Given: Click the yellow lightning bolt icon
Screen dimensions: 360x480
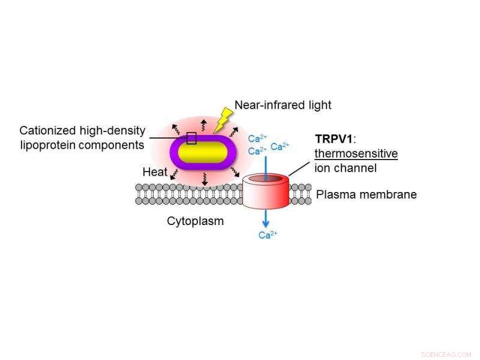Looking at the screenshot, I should tap(223, 119).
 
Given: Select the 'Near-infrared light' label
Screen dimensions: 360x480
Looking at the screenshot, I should tap(283, 106).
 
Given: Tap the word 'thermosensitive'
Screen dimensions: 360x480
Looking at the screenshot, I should tap(356, 154).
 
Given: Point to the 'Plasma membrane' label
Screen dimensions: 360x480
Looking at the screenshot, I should tap(366, 194).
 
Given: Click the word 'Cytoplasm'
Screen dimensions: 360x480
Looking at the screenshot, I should tap(195, 221).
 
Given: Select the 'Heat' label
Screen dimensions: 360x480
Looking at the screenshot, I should tap(155, 172).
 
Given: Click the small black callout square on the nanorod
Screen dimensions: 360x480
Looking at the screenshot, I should tap(191, 139).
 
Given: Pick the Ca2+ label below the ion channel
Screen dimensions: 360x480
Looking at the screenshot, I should tap(268, 235).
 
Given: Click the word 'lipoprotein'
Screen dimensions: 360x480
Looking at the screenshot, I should tap(51, 145).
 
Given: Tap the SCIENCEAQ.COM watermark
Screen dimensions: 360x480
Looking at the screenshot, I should tap(446, 354).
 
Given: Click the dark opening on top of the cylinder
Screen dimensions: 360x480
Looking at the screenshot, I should tap(266, 178).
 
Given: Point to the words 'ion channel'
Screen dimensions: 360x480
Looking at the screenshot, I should tap(345, 168).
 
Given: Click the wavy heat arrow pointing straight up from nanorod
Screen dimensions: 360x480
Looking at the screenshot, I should tap(203, 125).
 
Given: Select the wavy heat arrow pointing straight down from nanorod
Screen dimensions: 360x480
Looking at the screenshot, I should tap(204, 179).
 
